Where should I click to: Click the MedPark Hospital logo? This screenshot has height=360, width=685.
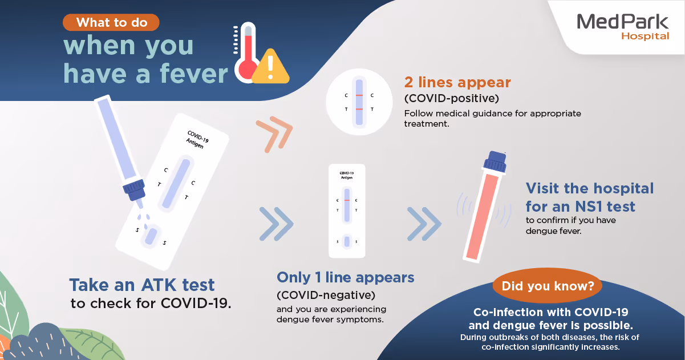[x=623, y=27]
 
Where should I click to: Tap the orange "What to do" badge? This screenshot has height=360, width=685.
[x=111, y=22]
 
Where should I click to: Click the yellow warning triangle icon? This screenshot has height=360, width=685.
[x=270, y=66]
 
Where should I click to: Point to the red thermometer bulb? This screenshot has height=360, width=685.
[x=247, y=69]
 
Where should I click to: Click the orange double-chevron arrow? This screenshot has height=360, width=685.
[x=274, y=134]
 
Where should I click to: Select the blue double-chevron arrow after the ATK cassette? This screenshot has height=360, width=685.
[x=277, y=224]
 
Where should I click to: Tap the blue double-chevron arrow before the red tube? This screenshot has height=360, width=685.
[x=424, y=224]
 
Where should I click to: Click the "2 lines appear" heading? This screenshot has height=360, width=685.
[x=457, y=82]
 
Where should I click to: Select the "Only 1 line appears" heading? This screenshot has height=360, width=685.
[x=345, y=277]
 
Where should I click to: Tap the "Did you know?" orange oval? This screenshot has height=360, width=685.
[x=548, y=286]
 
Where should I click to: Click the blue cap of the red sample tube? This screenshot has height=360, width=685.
[x=495, y=162]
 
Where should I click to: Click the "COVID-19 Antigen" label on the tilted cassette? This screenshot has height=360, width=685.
[x=197, y=139]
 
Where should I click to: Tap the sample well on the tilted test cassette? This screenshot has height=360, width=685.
[x=151, y=236]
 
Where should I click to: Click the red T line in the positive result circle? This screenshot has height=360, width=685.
[x=359, y=109]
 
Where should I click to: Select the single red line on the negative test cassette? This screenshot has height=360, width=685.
[x=347, y=200]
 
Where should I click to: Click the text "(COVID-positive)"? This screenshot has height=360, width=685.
[x=451, y=99]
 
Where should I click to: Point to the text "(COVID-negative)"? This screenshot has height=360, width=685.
[x=326, y=295]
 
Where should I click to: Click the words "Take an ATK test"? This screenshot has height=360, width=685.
[x=142, y=285]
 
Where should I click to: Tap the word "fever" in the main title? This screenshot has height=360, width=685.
[x=194, y=74]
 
